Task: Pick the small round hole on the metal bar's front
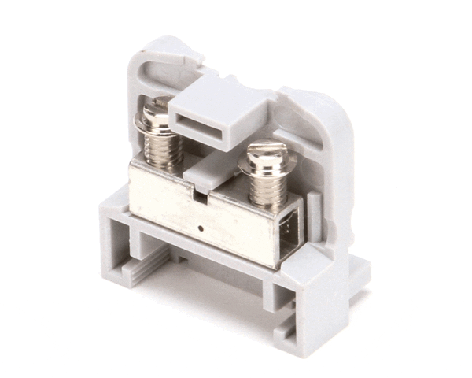[x=202, y=228]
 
